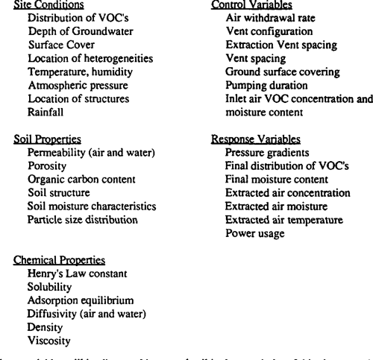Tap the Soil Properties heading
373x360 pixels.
pos(47,139)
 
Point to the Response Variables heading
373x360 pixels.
pos(256,139)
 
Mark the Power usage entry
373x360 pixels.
pos(255,233)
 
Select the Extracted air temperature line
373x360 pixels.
pos(284,220)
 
